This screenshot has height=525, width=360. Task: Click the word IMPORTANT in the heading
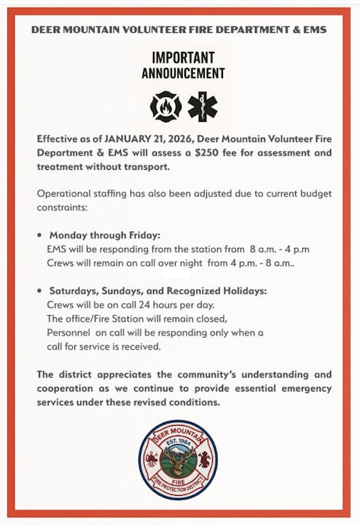[183, 58]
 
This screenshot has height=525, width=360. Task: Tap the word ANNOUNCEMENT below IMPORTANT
[183, 73]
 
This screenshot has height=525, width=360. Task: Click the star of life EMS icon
[203, 106]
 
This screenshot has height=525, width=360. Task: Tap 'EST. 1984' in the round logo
[179, 442]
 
